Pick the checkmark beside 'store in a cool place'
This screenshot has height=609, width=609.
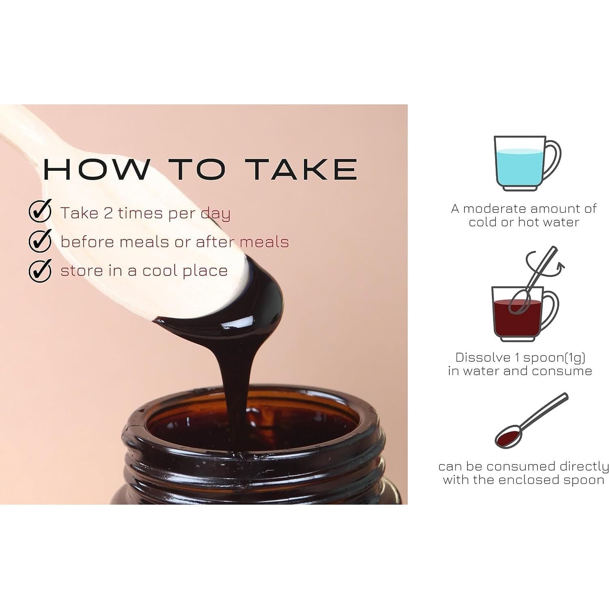40,270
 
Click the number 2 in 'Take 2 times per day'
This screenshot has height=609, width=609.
108,213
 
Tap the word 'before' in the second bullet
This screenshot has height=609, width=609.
86,242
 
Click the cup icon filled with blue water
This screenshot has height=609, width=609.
527,164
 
